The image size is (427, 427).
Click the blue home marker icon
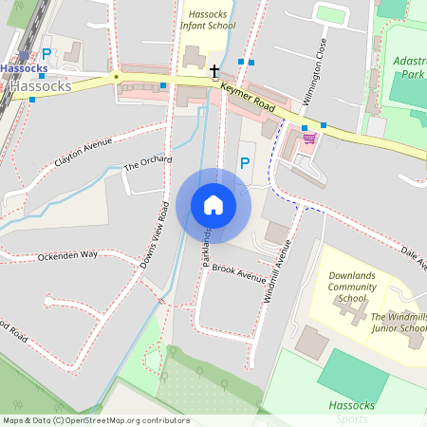click(x=213, y=205)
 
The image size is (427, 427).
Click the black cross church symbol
click(x=214, y=71)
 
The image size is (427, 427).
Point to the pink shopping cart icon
click(x=308, y=139)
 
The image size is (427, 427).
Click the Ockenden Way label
click(x=67, y=255)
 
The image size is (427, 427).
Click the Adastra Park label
click(x=410, y=66)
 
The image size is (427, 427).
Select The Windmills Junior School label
click(x=398, y=323)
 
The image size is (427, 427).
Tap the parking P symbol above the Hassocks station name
click(x=46, y=56)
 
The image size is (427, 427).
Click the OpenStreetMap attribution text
click(x=95, y=419)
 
